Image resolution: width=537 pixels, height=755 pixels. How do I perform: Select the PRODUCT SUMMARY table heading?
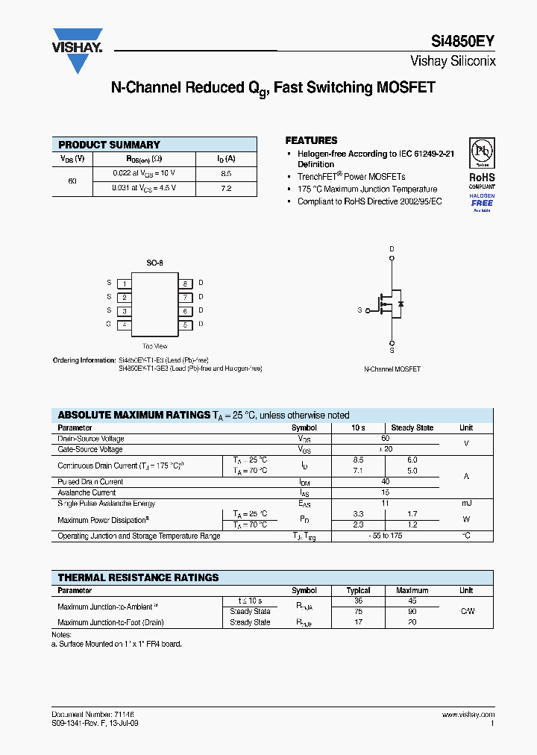click(x=109, y=145)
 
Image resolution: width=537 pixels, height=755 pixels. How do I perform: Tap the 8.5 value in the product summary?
click(x=226, y=173)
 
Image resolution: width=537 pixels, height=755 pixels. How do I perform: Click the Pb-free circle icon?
click(x=481, y=154)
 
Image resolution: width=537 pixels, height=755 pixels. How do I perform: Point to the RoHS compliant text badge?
click(x=481, y=181)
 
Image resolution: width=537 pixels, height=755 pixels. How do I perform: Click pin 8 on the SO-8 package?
click(x=185, y=283)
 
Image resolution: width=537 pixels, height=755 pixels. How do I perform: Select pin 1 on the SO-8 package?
click(x=125, y=283)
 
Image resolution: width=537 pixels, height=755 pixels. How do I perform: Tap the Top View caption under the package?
click(x=154, y=346)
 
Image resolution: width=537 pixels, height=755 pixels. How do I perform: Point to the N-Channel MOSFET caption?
click(x=392, y=369)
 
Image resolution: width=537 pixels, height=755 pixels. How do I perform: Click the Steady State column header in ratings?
click(x=412, y=427)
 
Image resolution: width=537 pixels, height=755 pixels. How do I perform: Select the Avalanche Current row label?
click(x=87, y=492)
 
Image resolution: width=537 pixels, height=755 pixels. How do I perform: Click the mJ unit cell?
click(x=465, y=503)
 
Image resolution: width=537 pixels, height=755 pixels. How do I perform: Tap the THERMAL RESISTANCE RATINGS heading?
click(x=138, y=577)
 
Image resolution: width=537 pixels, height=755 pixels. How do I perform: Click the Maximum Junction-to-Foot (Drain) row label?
click(x=110, y=621)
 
